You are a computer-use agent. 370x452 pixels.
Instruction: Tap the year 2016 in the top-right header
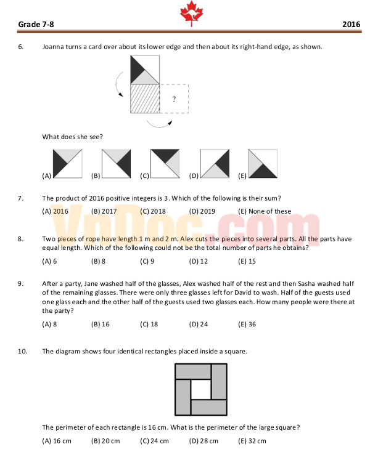click(350, 25)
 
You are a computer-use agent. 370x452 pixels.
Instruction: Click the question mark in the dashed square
click(174, 99)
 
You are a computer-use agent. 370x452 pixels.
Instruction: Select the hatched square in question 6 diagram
click(144, 99)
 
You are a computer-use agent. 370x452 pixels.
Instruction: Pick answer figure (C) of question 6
click(165, 164)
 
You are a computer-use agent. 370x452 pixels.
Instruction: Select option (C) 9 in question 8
click(147, 261)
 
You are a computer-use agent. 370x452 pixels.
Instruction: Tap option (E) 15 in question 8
click(247, 261)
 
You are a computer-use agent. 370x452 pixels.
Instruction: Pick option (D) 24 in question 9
click(199, 324)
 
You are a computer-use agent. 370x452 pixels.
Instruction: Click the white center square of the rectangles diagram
click(200, 389)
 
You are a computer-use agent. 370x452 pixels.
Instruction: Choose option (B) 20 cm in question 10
click(105, 441)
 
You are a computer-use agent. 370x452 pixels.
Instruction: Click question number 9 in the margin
click(21, 283)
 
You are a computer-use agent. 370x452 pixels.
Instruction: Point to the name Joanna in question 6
click(53, 47)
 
